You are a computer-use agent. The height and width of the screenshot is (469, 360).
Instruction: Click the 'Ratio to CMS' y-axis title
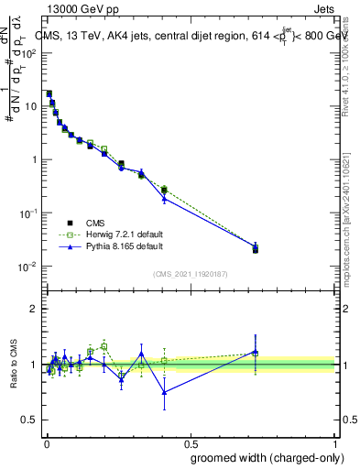[14, 364]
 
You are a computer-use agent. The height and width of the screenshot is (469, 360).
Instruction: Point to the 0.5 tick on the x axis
[191, 443]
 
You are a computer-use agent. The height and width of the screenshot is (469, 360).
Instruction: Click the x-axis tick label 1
[335, 443]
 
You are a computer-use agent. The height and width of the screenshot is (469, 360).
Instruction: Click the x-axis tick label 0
[47, 443]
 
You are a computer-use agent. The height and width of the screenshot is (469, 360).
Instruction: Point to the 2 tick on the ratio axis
[34, 309]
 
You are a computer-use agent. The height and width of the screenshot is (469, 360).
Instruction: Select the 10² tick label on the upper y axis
[29, 52]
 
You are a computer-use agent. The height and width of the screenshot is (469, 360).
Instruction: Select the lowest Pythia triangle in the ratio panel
[164, 392]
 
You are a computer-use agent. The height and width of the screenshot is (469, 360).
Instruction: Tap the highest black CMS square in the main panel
[49, 93]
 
